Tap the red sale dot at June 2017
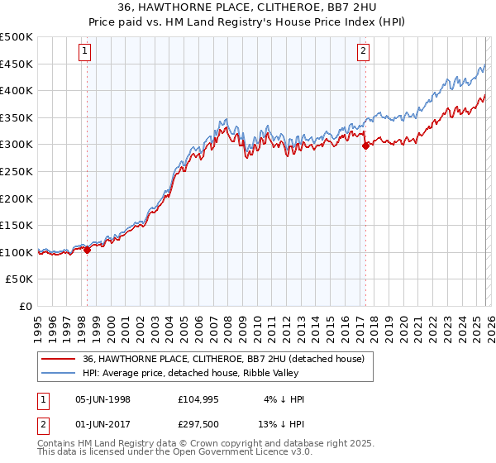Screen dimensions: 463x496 click(365, 146)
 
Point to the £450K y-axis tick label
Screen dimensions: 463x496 click(17, 64)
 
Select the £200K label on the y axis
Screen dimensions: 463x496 click(17, 198)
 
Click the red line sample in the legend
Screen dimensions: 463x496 click(58, 359)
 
